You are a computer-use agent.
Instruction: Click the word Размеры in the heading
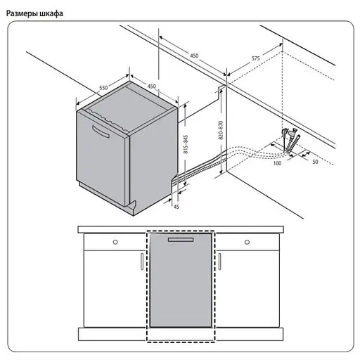tap(21, 13)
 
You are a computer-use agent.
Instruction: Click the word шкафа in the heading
tap(51, 13)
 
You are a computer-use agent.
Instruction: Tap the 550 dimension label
tap(103, 88)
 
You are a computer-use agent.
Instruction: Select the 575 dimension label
tap(256, 58)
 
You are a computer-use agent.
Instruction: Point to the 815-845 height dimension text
tap(186, 144)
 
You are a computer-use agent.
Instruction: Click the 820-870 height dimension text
tap(221, 131)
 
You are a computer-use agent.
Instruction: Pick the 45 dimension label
tap(176, 207)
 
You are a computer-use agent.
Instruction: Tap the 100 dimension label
tap(277, 163)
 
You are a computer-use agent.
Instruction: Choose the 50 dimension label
tap(315, 162)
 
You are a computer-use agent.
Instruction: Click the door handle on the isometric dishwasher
tap(101, 131)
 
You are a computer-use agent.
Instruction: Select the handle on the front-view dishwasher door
tap(181, 240)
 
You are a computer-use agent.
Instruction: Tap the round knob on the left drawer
tap(115, 242)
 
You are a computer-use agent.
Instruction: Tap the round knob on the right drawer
tap(247, 242)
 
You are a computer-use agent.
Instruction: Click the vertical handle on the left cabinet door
tap(142, 262)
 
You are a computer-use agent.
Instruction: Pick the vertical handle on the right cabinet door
tap(219, 262)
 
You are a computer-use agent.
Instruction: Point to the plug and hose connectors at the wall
tap(290, 141)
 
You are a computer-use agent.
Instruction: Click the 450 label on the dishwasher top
tap(151, 86)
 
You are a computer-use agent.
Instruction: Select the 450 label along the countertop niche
tap(194, 56)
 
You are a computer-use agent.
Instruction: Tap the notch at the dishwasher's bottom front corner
tap(132, 206)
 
